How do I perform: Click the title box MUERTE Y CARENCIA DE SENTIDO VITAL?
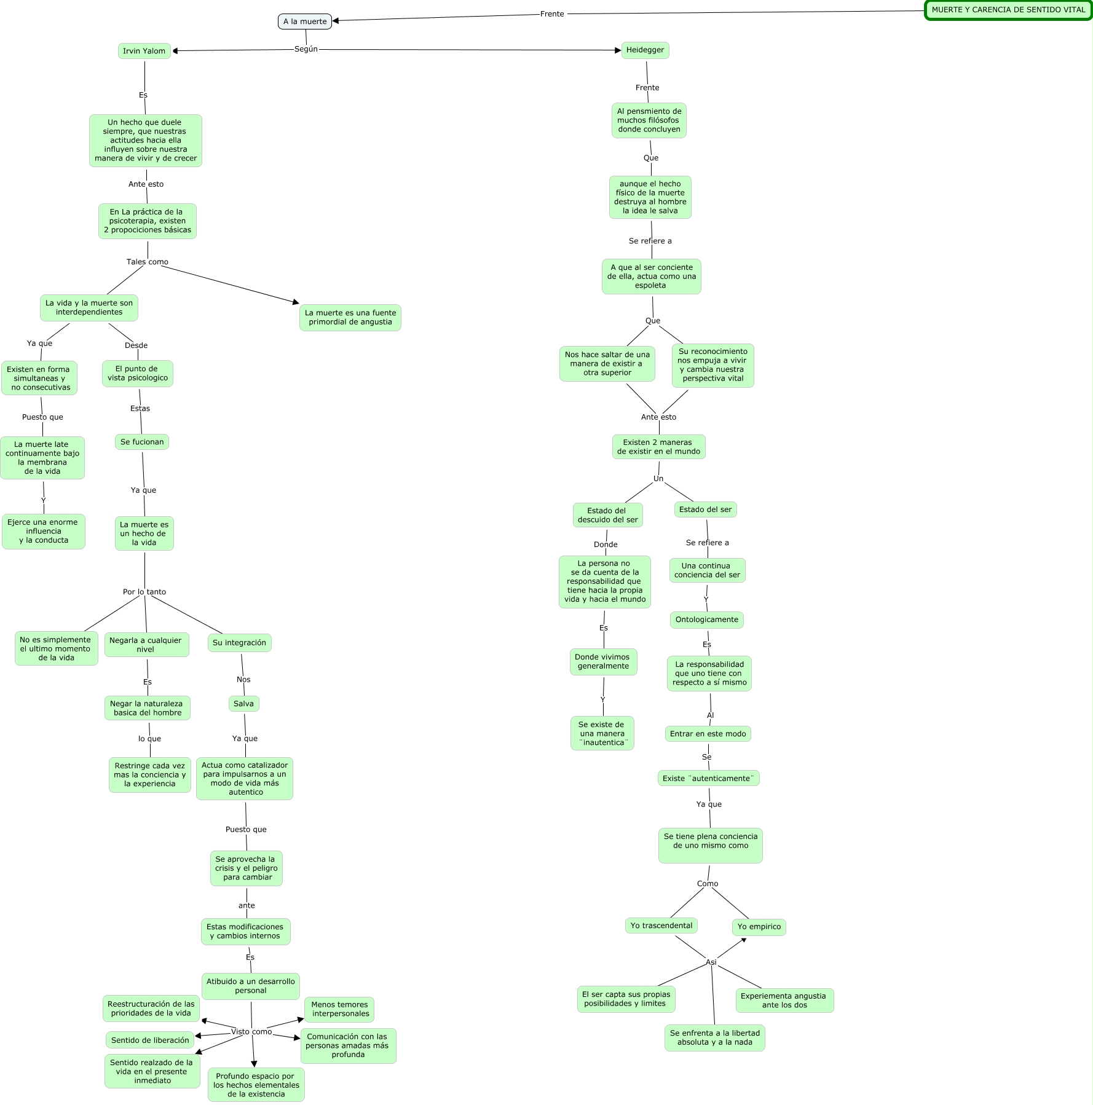pyautogui.click(x=1008, y=10)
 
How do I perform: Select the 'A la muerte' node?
pyautogui.click(x=305, y=22)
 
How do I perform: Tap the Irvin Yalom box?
pyautogui.click(x=144, y=51)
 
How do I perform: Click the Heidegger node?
pyautogui.click(x=645, y=50)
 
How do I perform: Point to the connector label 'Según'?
pyautogui.click(x=306, y=49)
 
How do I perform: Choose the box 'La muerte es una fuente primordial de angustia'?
pyautogui.click(x=350, y=317)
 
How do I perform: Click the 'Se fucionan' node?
pyautogui.click(x=142, y=442)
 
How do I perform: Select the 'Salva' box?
pyautogui.click(x=243, y=704)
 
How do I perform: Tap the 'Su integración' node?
pyautogui.click(x=239, y=643)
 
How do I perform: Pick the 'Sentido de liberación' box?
pyautogui.click(x=150, y=1040)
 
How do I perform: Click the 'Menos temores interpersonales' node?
pyautogui.click(x=339, y=1009)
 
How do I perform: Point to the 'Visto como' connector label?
pyautogui.click(x=251, y=1031)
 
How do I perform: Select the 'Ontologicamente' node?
pyautogui.click(x=707, y=619)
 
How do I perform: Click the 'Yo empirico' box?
pyautogui.click(x=759, y=927)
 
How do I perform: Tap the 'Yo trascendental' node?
pyautogui.click(x=661, y=926)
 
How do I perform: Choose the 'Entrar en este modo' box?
pyautogui.click(x=708, y=734)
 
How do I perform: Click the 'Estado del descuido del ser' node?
pyautogui.click(x=607, y=515)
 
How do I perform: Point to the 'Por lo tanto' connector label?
pyautogui.click(x=144, y=592)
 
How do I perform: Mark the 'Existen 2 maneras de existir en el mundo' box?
pyautogui.click(x=658, y=447)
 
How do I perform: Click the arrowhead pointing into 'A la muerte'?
pyautogui.click(x=336, y=21)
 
